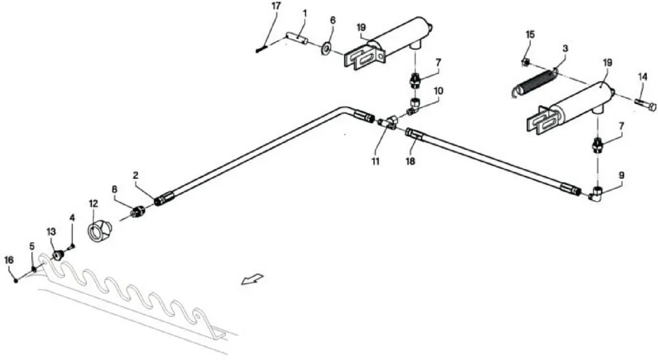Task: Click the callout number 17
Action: click(x=276, y=7)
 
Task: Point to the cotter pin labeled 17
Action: click(x=261, y=49)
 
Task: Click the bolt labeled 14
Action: click(x=645, y=105)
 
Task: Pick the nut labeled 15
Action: click(x=524, y=63)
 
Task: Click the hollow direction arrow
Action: click(x=252, y=278)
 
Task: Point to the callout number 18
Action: click(x=410, y=161)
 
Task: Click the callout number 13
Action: click(x=51, y=232)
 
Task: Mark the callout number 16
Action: click(x=9, y=260)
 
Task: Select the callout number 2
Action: click(x=136, y=175)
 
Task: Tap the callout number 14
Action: click(x=643, y=77)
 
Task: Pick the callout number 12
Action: click(x=93, y=203)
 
